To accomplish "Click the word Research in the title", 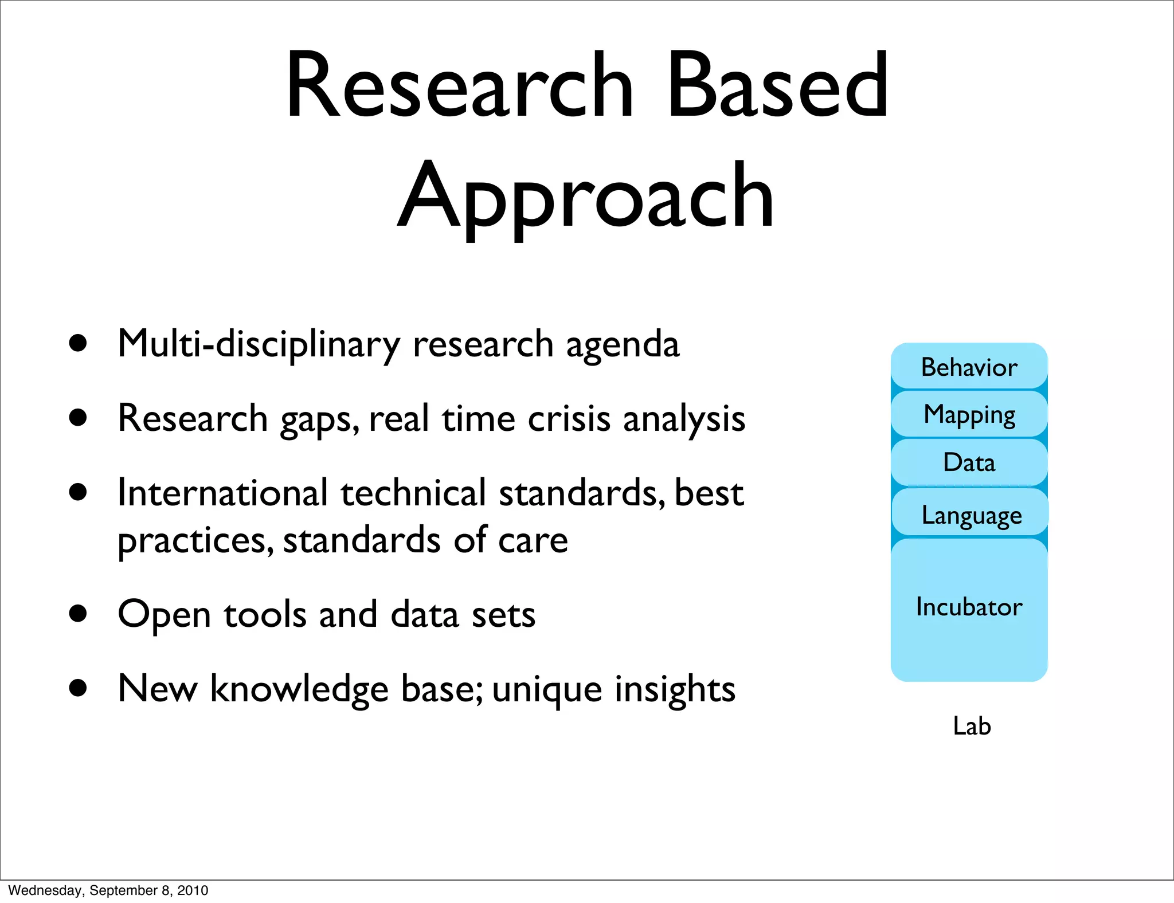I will pyautogui.click(x=459, y=86).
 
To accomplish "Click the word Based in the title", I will pyautogui.click(x=778, y=86).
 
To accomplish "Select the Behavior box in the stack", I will pyautogui.click(x=969, y=367).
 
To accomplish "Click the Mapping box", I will pyautogui.click(x=969, y=414).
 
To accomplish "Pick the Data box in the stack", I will pyautogui.click(x=969, y=462).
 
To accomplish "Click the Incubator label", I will pyautogui.click(x=969, y=607).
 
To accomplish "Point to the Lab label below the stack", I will pyautogui.click(x=972, y=726).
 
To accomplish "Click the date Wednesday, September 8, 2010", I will pyautogui.click(x=108, y=890).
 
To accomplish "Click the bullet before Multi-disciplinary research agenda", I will pyautogui.click(x=77, y=344).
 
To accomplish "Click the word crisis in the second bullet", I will pyautogui.click(x=569, y=418).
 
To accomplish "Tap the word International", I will pyautogui.click(x=222, y=493).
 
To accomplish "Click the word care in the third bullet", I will pyautogui.click(x=533, y=540).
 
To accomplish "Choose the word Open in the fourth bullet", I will pyautogui.click(x=164, y=615).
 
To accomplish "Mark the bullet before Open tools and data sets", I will pyautogui.click(x=77, y=614).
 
